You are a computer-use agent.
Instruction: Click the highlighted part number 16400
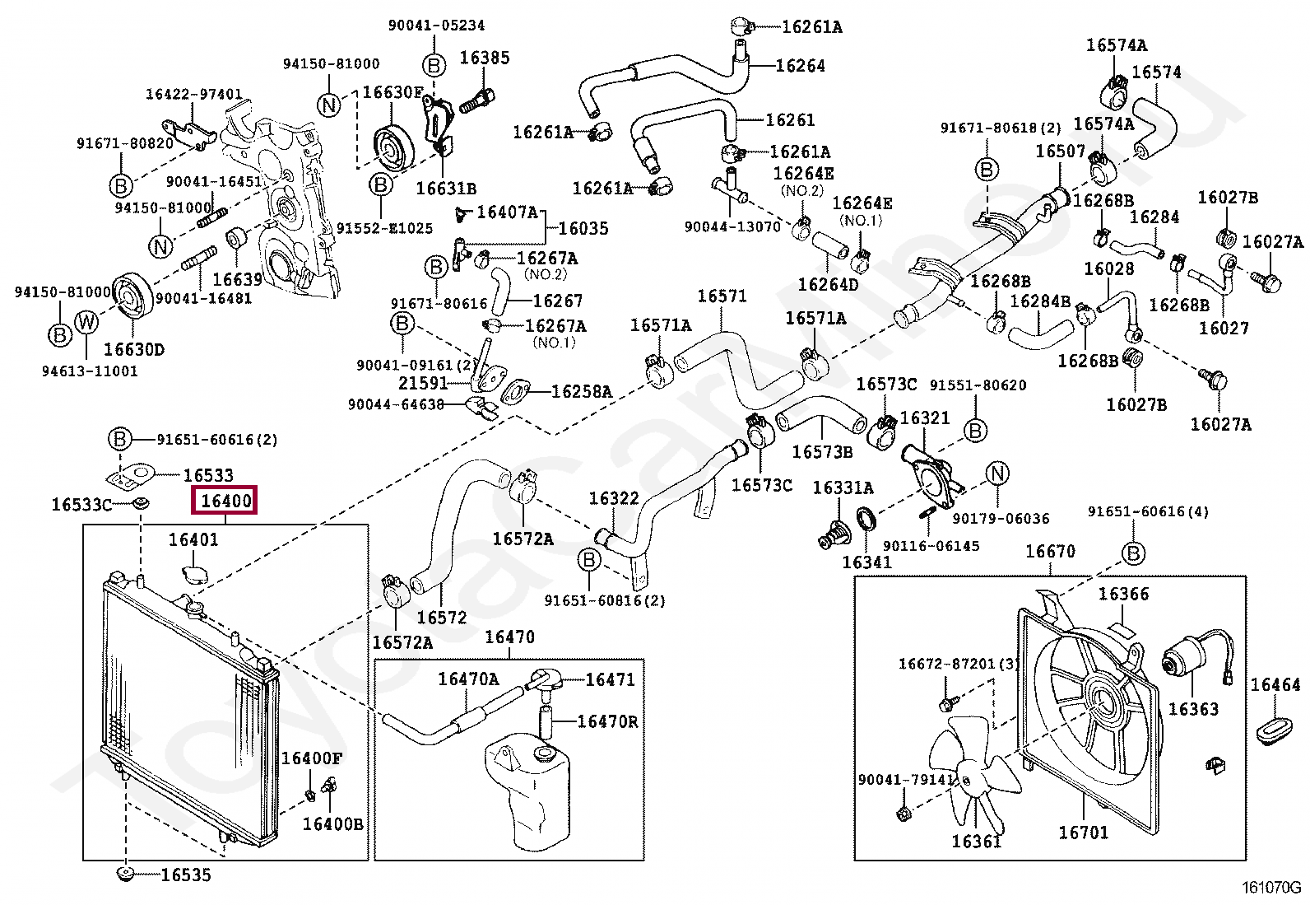click(225, 500)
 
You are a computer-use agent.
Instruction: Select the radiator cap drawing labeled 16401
click(194, 573)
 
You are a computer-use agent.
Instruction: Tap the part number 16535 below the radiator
click(186, 875)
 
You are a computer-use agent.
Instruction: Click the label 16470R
click(607, 722)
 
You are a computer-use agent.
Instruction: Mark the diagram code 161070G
click(1271, 888)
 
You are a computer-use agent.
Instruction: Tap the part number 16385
click(485, 58)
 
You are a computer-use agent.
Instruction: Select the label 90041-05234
click(437, 26)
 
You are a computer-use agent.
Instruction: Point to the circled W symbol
click(86, 322)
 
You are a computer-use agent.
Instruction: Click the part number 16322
click(614, 498)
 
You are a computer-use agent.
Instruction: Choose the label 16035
click(583, 228)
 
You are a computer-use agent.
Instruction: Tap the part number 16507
click(1060, 152)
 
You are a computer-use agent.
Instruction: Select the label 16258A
click(582, 392)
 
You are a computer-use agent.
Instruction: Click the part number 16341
click(866, 562)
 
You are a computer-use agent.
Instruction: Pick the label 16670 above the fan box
click(1050, 551)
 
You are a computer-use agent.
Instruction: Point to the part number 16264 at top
click(800, 66)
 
